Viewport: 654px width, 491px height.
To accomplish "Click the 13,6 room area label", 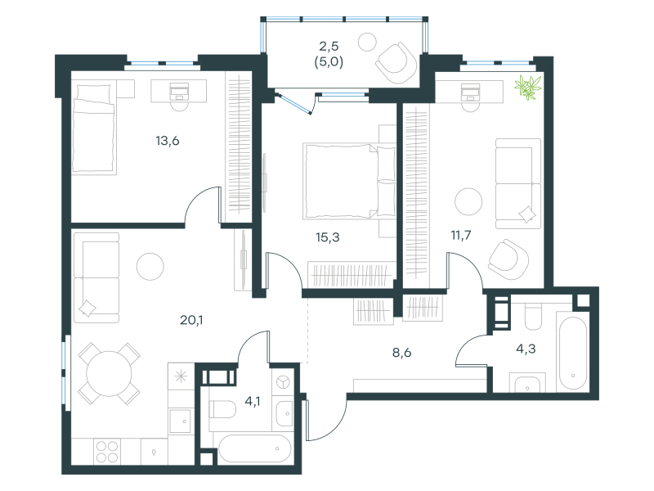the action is point(168,141).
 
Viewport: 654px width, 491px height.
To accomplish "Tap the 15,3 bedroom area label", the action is point(328,237).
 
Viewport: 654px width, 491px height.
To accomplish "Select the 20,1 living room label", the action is point(191,320).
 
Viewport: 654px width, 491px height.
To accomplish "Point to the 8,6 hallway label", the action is point(401,353).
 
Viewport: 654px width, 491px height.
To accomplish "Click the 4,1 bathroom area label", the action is point(253,402).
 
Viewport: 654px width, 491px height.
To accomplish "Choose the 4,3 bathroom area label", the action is point(526,349).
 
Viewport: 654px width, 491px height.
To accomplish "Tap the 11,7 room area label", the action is point(461,236).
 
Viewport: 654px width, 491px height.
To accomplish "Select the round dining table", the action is point(109,374).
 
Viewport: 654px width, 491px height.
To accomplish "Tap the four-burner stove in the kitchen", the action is point(107,452).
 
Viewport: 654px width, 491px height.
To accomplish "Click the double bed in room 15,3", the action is point(350,181).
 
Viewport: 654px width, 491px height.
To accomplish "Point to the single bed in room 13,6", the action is point(94,128).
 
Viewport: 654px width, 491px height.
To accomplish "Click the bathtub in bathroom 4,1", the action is point(254,448).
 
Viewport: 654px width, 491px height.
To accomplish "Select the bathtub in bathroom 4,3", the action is point(573,354).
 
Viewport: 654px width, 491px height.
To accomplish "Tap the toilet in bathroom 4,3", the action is point(533,317).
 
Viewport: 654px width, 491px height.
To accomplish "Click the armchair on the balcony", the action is point(396,63).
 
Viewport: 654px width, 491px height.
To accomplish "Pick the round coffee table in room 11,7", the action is point(468,201).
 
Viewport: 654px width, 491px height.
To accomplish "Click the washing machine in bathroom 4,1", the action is point(283,381).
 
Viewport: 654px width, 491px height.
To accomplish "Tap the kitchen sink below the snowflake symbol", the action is point(181,421).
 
